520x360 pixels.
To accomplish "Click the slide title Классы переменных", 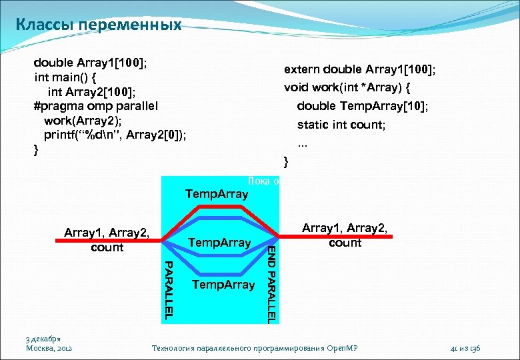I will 98,25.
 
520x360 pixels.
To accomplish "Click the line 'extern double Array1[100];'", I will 360,70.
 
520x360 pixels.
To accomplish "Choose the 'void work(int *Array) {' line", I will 347,88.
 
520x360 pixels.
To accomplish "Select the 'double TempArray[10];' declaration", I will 363,106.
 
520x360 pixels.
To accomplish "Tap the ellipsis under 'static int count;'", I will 303,142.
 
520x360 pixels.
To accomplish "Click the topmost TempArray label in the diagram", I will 217,194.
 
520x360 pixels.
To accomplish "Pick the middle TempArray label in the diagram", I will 220,243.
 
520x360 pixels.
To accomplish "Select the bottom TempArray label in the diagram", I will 223,285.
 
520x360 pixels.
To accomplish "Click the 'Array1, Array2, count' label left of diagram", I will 107,240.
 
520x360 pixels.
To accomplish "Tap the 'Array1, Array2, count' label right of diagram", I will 345,235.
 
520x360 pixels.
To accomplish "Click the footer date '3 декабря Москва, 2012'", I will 49,343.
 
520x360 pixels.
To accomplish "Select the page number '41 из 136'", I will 466,348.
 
